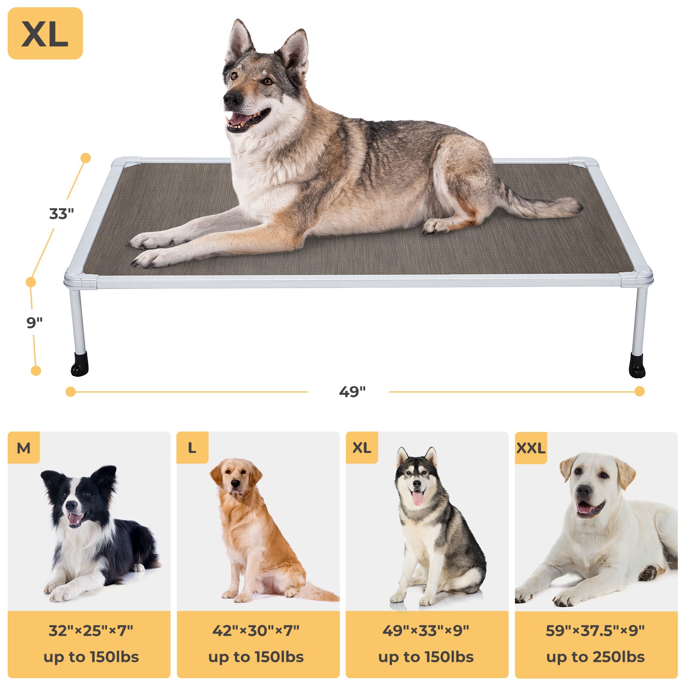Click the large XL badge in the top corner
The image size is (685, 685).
tap(45, 33)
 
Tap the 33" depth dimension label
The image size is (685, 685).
tap(62, 214)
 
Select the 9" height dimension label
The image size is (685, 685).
tap(35, 322)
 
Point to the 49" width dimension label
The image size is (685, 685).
tap(352, 392)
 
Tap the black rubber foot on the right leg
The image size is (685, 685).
tap(637, 366)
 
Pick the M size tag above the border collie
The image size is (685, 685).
tap(24, 448)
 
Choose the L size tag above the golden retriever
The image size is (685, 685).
tap(192, 448)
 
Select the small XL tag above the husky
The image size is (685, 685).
tap(362, 448)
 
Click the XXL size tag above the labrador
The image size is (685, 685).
tap(531, 448)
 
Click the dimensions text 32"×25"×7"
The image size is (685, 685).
tap(91, 631)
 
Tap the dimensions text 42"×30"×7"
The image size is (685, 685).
tap(256, 631)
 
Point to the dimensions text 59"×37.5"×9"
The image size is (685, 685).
tap(595, 631)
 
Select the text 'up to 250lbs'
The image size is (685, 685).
tap(595, 657)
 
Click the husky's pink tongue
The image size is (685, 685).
tap(417, 498)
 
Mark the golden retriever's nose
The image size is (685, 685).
tap(235, 484)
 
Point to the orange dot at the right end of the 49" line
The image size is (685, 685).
tap(640, 391)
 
